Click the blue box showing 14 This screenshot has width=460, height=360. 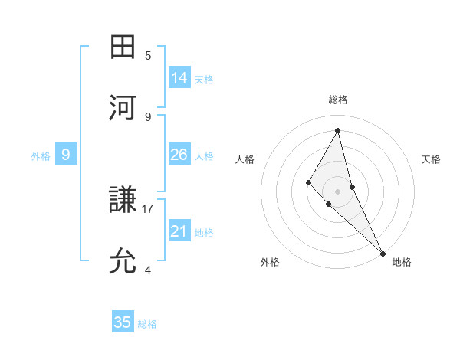[179, 78]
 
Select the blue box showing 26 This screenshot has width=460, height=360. [179, 155]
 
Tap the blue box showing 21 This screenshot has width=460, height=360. [179, 231]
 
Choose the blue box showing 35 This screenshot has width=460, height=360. [123, 322]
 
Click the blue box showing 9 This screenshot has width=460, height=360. [66, 155]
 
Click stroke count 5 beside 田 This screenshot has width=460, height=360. [148, 55]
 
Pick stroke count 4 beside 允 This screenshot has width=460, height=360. [148, 270]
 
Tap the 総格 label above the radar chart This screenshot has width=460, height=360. [338, 100]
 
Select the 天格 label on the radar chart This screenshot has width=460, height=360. [431, 159]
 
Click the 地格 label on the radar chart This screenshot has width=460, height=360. [402, 263]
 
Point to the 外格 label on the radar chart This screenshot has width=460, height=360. [270, 263]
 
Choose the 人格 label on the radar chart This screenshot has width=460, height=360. [245, 159]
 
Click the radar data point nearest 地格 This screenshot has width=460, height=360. [383, 253]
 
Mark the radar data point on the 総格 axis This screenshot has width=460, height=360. [338, 129]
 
